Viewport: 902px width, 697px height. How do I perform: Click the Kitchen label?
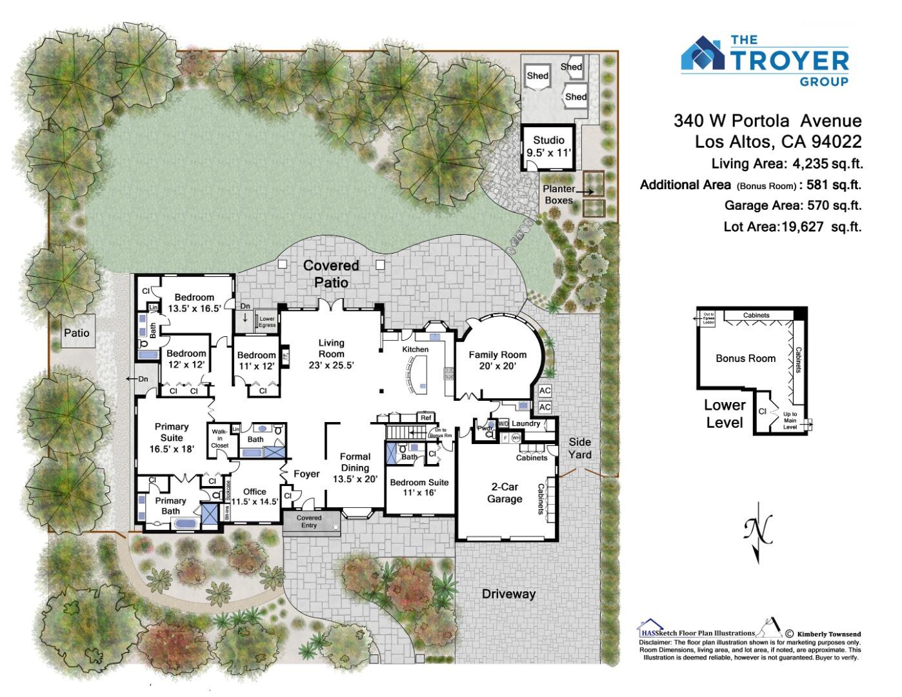pos(416,349)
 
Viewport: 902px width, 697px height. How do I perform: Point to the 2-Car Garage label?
pos(505,492)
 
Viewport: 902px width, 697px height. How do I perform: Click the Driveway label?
pos(508,594)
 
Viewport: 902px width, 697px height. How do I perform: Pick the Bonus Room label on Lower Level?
pos(745,358)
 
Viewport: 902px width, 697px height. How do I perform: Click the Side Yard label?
pos(579,449)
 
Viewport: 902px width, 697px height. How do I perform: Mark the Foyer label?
pos(306,474)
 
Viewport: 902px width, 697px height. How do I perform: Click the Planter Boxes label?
pos(558,194)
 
